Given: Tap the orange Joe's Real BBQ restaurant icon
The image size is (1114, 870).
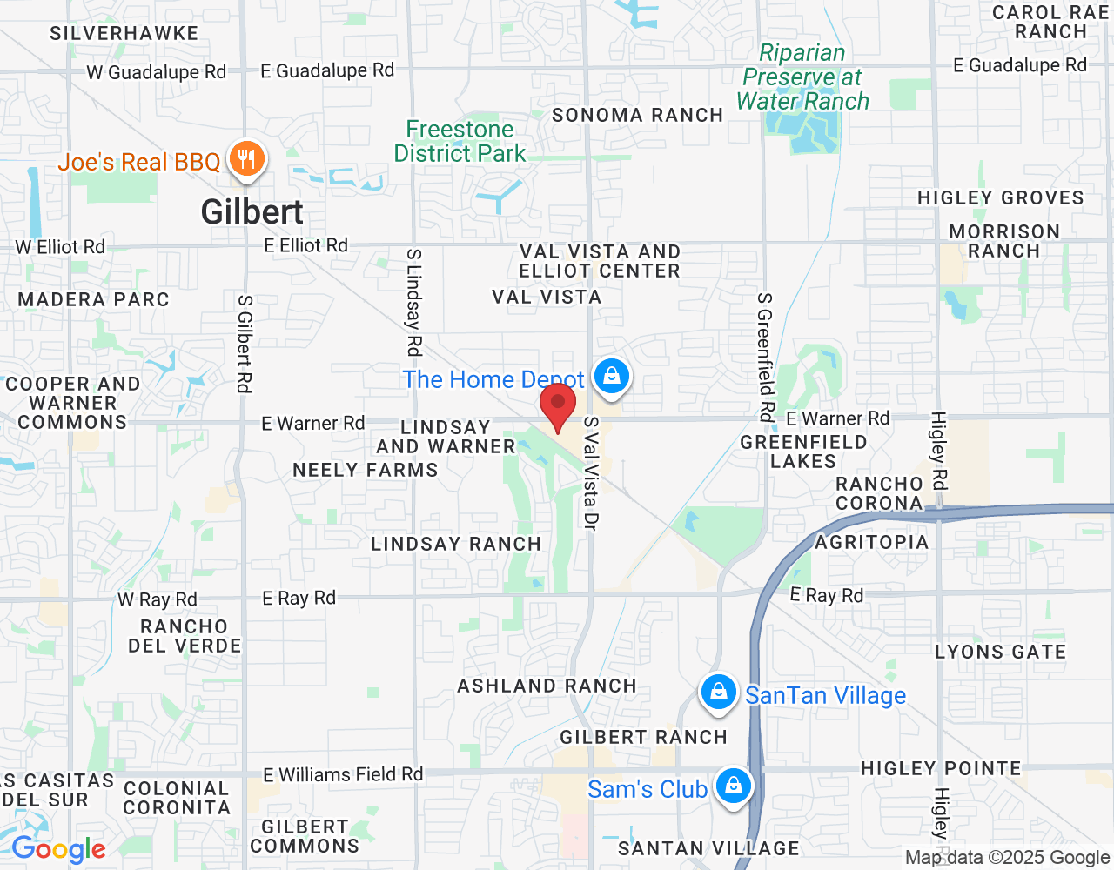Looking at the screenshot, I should (x=247, y=160).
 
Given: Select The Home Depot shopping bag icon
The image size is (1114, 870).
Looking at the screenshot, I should (x=612, y=377).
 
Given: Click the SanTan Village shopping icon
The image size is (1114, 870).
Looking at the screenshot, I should (x=718, y=693).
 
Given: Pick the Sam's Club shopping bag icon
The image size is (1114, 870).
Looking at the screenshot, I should (x=733, y=786).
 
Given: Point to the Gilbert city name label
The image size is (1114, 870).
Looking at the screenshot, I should (x=252, y=212).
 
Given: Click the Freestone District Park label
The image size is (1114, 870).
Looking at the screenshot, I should (x=460, y=141).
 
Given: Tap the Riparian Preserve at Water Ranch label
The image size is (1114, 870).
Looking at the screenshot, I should (x=802, y=77).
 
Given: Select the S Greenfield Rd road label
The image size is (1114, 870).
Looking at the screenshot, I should (x=765, y=357).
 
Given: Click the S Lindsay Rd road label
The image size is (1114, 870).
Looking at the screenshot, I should (x=414, y=302).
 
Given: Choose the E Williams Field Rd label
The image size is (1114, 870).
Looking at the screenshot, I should (x=343, y=774).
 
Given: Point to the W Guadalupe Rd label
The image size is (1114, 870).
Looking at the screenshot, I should (x=157, y=72).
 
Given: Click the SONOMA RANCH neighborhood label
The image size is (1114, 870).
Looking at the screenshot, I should (x=638, y=115).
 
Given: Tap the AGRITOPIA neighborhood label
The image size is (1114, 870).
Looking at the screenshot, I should (x=871, y=542).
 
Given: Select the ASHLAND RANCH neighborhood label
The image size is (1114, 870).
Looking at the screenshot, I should (x=547, y=686).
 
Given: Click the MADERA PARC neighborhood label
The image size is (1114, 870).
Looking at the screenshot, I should (x=94, y=299).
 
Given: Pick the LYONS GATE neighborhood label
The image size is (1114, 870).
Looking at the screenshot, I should (x=1000, y=652).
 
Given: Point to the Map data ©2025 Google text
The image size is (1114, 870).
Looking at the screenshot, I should (x=1007, y=858).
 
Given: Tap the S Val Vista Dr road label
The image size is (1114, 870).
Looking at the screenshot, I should (x=591, y=473).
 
